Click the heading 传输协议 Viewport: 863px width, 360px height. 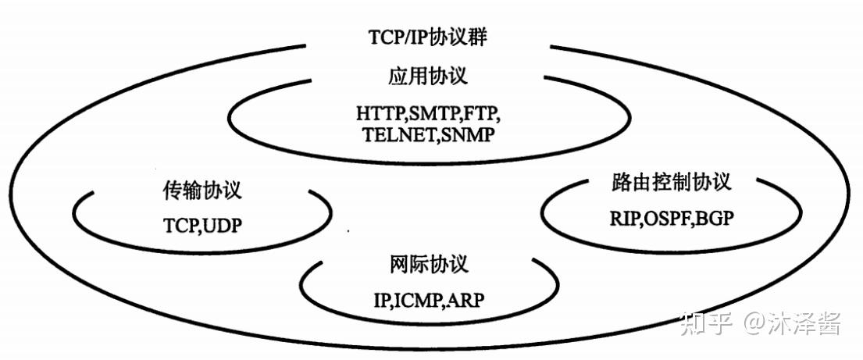click(x=202, y=191)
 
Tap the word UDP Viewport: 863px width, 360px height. click(x=223, y=226)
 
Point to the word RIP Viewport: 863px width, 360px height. click(x=624, y=218)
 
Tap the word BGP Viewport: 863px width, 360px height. click(x=715, y=218)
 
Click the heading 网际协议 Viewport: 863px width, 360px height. click(x=427, y=264)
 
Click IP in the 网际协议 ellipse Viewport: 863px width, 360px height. click(x=382, y=298)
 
